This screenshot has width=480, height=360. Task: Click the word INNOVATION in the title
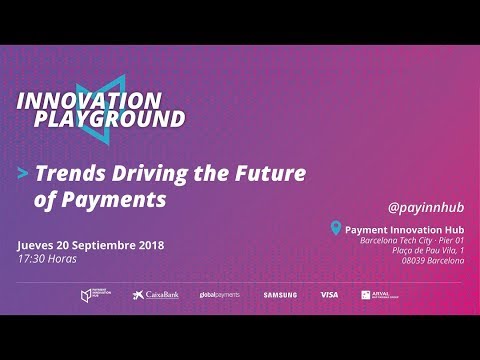[90, 100]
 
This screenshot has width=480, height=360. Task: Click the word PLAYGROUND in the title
[101, 119]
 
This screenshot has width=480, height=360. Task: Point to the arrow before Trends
[23, 173]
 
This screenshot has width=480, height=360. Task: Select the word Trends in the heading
[66, 172]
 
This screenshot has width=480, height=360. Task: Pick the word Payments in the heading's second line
[112, 199]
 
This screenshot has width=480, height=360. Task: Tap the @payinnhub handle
[426, 207]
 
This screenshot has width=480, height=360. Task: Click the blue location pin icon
[336, 229]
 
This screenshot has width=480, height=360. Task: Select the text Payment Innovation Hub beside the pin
[404, 229]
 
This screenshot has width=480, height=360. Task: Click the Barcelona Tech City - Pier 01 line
[412, 240]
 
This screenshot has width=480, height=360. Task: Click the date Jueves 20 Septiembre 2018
[90, 245]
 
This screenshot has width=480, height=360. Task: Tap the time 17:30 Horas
[48, 259]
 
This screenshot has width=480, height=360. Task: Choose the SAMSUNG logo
[280, 295]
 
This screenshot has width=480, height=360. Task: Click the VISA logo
[329, 295]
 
